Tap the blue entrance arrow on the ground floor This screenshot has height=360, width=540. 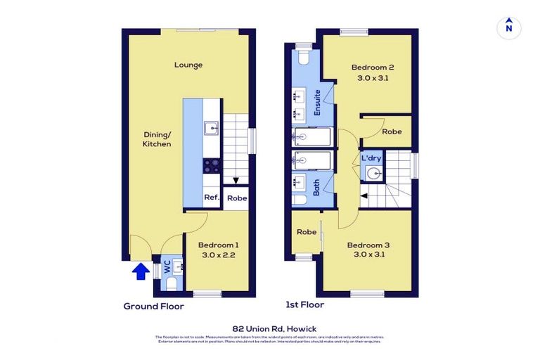point(141,271)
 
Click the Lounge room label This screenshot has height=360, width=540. point(188,65)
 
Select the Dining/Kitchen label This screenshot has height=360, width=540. point(157,139)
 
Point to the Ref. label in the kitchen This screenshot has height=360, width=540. point(212,198)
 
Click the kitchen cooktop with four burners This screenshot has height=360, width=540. point(212,166)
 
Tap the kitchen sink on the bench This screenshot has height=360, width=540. point(212,128)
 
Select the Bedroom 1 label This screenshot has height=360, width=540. point(218,245)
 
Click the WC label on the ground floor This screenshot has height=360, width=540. point(167,266)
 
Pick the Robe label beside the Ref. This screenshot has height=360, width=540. point(237,198)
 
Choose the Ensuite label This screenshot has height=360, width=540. point(317,103)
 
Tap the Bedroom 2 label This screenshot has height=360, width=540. point(373,67)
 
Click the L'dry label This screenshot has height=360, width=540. point(371,158)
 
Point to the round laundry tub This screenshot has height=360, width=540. point(378,172)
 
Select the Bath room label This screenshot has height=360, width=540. point(316,186)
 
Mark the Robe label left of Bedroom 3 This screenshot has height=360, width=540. point(306,232)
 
